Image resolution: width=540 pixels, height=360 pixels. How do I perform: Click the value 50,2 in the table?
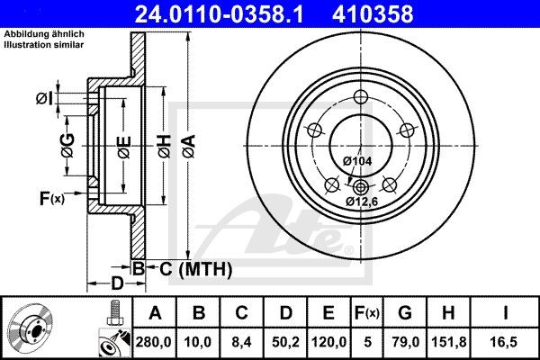click(x=286, y=342)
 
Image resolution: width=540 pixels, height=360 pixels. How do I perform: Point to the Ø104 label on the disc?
click(x=356, y=160)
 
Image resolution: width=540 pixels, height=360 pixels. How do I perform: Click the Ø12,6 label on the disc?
click(x=363, y=202)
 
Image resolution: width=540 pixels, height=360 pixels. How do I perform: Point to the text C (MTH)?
click(x=191, y=268)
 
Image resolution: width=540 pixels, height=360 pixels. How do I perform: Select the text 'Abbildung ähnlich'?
click(x=44, y=33)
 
